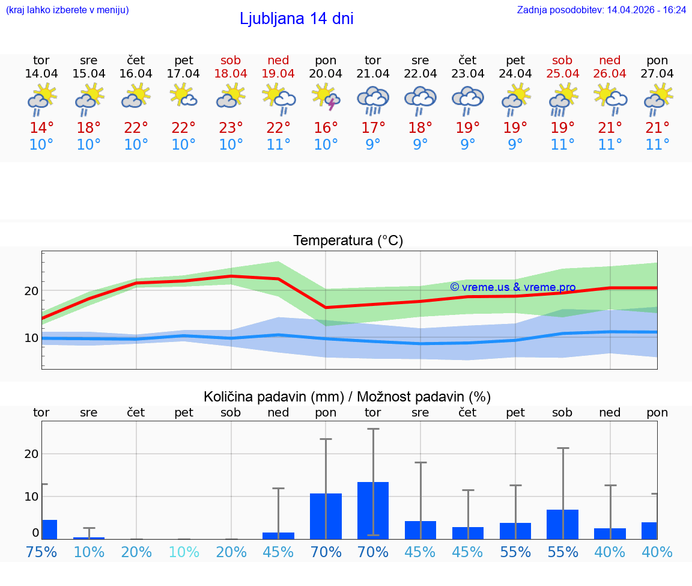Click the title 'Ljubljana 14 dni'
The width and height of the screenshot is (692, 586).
(296, 19)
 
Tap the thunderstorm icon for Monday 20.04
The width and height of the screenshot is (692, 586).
(326, 97)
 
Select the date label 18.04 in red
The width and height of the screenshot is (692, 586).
(231, 73)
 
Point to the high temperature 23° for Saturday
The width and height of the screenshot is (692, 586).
(231, 127)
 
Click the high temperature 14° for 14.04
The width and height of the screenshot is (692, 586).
(41, 127)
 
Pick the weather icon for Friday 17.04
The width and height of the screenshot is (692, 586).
(183, 96)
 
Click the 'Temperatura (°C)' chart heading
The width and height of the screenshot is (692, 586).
(348, 240)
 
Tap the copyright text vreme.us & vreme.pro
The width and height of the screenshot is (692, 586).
(512, 287)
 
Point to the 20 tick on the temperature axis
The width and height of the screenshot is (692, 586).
(31, 291)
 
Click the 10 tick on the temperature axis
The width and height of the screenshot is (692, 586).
(31, 338)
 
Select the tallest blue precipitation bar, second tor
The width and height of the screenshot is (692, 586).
(373, 510)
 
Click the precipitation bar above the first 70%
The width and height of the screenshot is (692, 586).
(326, 516)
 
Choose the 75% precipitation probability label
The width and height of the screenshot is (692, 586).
(41, 552)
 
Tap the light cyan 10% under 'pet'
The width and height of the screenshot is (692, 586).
(183, 552)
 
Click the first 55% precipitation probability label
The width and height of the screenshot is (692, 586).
(515, 552)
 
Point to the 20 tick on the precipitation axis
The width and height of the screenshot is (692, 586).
(31, 454)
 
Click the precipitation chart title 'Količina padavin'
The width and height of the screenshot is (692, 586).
(273, 397)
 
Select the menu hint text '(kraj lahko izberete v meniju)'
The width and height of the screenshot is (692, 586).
(67, 10)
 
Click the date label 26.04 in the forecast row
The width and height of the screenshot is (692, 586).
(610, 73)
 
